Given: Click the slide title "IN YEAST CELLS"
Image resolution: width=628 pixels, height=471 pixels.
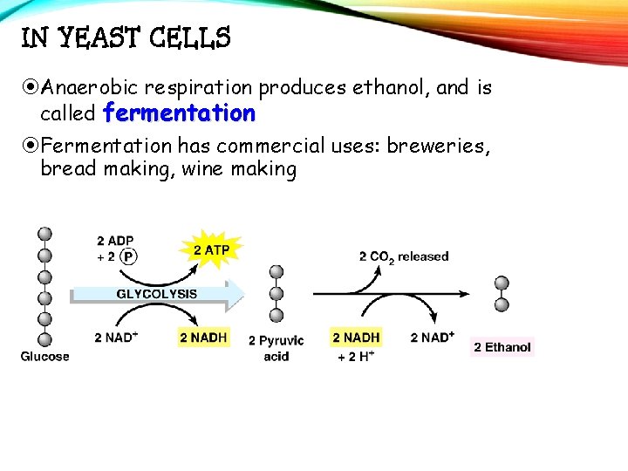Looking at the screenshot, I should click(x=126, y=38).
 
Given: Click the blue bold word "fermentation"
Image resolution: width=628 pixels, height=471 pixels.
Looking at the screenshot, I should click(x=179, y=113).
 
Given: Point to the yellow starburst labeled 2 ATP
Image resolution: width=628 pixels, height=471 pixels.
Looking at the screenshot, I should click(x=211, y=250).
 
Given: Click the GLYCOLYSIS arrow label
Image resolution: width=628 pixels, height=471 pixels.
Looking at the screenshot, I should click(x=157, y=294).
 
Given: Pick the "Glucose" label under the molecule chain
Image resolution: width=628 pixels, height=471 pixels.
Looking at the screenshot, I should click(x=44, y=357).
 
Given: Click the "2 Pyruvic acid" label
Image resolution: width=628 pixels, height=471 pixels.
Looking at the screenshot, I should click(x=276, y=347).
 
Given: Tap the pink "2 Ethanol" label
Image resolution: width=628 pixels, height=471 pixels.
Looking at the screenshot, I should click(x=502, y=347).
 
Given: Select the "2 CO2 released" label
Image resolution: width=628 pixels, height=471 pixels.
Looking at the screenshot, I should click(x=403, y=257).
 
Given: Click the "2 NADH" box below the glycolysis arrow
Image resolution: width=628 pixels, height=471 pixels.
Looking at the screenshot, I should click(x=203, y=337).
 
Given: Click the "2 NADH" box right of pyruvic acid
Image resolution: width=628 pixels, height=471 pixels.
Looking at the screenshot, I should click(x=356, y=337).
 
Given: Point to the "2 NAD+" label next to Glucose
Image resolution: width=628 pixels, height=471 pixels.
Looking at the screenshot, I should click(x=116, y=337).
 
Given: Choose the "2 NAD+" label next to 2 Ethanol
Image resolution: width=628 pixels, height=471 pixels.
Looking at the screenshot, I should click(x=432, y=337).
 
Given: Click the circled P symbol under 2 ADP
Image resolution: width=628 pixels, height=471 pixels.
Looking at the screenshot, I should click(x=127, y=256).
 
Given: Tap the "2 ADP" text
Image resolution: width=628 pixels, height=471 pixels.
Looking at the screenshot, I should click(x=115, y=241).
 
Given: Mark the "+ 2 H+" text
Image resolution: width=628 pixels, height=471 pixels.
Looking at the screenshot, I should click(x=356, y=357).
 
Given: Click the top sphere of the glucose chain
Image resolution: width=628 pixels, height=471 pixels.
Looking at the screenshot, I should click(x=44, y=235).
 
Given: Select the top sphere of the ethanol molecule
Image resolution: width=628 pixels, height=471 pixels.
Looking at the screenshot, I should click(x=502, y=283).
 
